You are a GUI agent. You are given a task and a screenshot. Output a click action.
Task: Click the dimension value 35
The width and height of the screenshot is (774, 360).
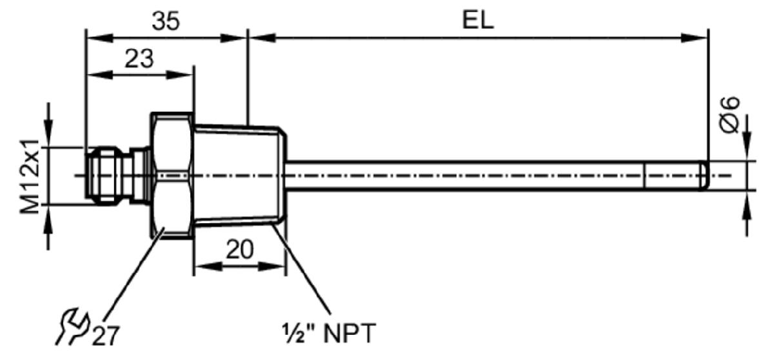coord(166,21)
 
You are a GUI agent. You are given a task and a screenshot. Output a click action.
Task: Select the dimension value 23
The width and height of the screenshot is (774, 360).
coord(139,59)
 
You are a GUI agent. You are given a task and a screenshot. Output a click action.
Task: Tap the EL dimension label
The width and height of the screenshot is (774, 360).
coord(478,21)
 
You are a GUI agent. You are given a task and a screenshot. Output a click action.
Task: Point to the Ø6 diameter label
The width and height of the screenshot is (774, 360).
coord(729,115)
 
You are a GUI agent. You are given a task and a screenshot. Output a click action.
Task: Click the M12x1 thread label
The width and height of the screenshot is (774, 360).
coord(30,176)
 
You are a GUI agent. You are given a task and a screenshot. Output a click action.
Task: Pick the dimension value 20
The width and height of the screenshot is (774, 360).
coord(239,250)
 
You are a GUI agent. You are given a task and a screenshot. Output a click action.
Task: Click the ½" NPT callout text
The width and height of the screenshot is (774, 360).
coord(328,334)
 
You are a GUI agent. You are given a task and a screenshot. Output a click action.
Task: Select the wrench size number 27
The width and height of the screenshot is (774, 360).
coord(106,336)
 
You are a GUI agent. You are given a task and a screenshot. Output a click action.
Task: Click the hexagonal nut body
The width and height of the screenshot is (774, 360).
coord(171,175)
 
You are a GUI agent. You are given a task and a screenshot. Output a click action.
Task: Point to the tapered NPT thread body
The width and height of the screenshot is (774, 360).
coord(239,175)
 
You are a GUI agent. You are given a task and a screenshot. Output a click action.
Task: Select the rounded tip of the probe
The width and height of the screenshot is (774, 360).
coord(704,175)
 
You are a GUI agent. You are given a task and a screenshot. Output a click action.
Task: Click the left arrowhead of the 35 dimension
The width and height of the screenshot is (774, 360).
coord(99,38)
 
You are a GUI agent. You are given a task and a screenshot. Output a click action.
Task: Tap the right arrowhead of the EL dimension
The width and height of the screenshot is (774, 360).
coord(695,38)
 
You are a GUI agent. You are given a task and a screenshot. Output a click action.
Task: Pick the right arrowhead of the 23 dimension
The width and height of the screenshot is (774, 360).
coord(180,75)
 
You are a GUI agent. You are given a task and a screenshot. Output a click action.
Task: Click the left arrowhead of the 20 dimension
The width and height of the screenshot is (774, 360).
coord(208,266)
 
